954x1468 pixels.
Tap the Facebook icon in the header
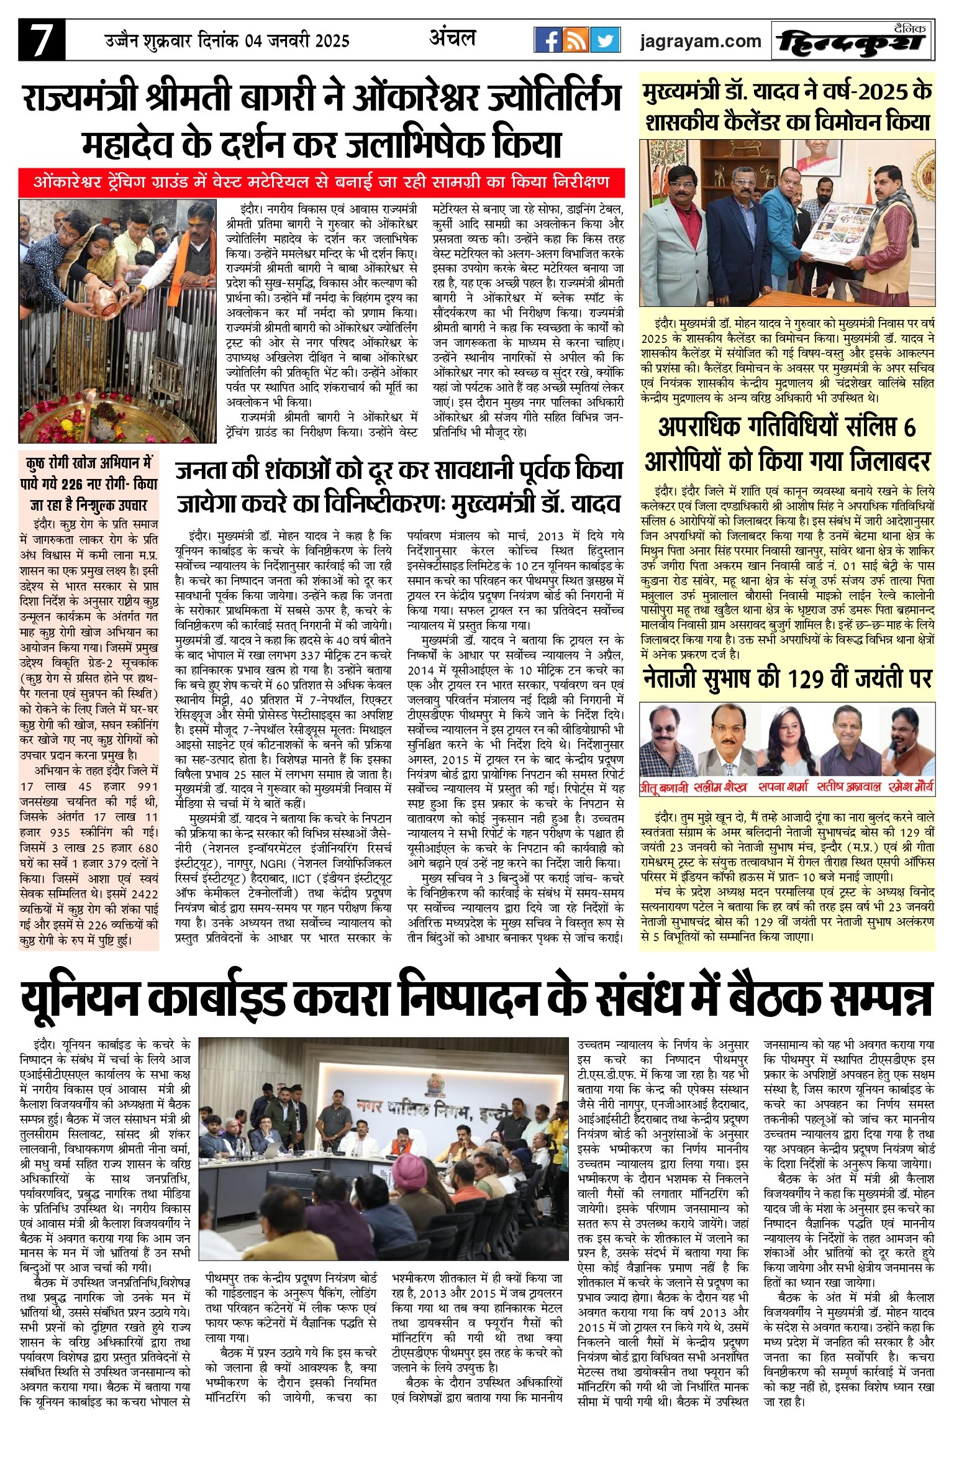548,40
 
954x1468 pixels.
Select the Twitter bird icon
604,40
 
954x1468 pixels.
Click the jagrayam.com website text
701,41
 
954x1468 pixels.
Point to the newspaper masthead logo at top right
852,42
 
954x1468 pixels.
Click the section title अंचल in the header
453,38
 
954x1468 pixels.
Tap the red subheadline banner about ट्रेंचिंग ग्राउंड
321,183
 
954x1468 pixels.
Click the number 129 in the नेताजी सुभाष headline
808,679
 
